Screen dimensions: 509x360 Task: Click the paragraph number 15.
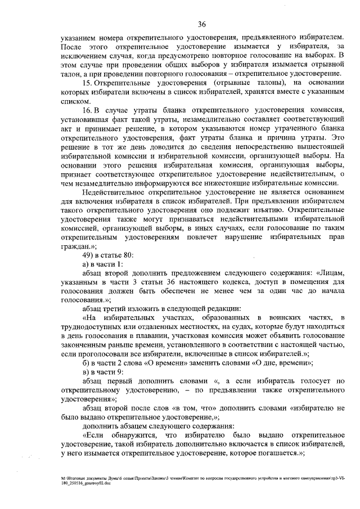pyautogui.click(x=86, y=83)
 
